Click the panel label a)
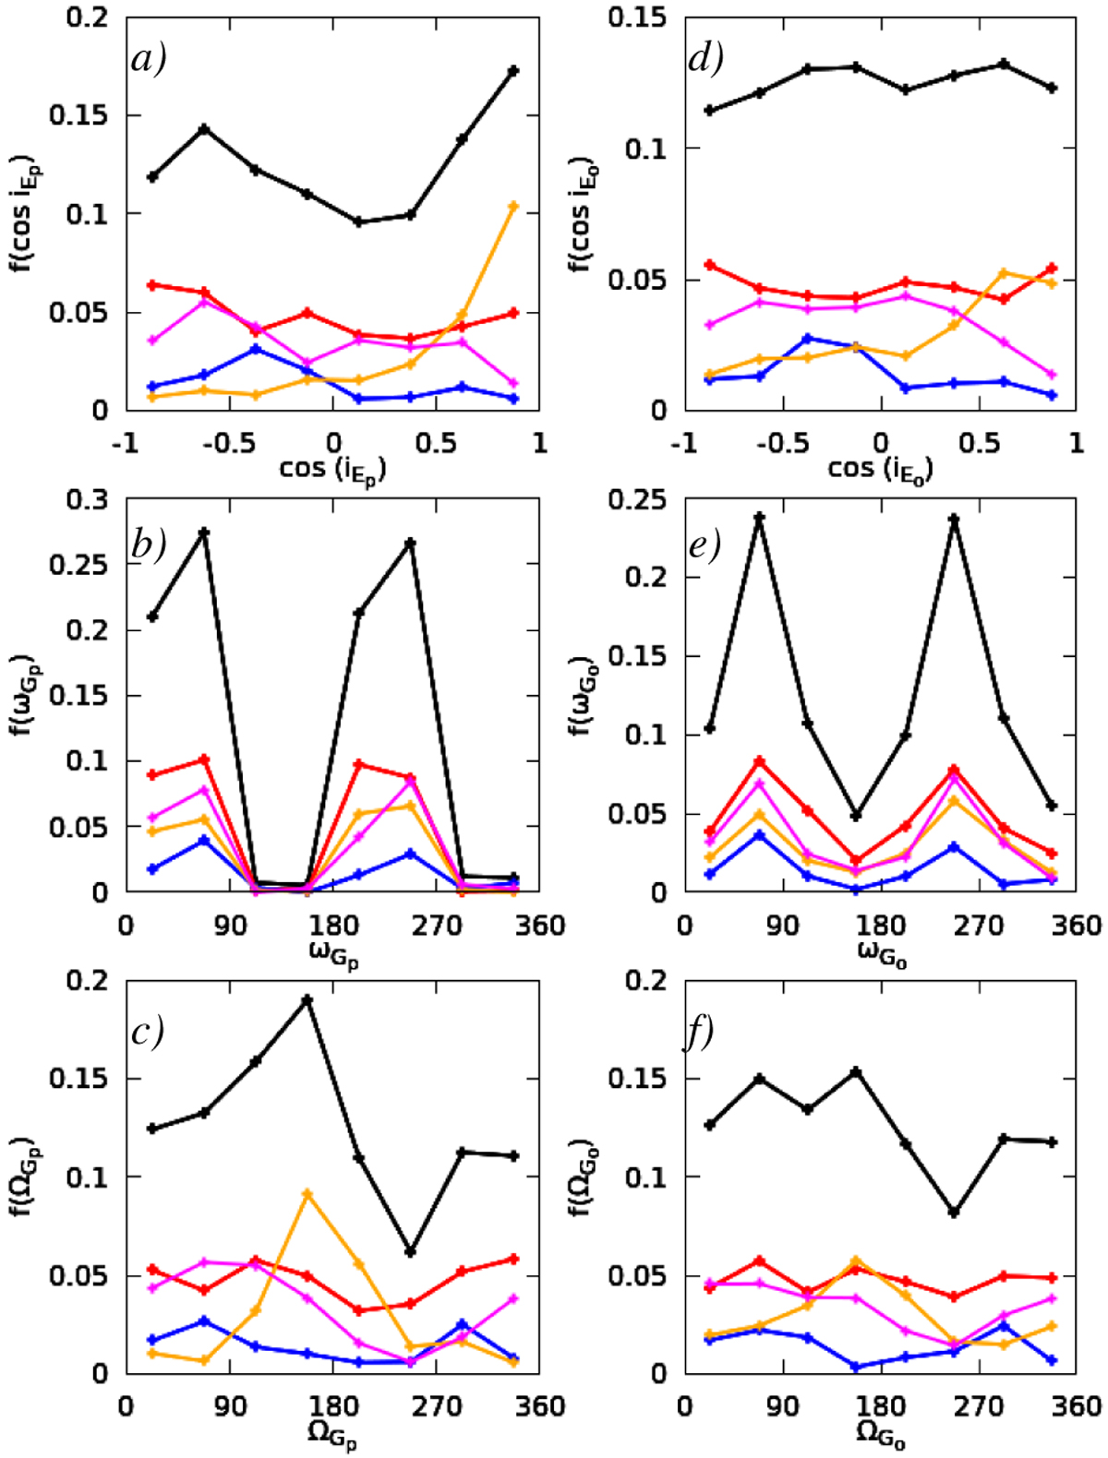pos(149,59)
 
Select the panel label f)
pos(699,1031)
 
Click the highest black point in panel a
pos(514,71)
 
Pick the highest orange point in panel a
pos(514,207)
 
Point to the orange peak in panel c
pos(307,1194)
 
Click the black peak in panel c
pos(307,1000)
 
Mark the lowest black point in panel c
pos(411,1252)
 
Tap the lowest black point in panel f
pos(955,1213)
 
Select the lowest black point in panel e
pos(856,816)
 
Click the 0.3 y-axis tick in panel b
pos(88,499)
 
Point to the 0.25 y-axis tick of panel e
pos(637,499)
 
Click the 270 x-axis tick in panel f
pos(978,1406)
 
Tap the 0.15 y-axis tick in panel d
pos(637,17)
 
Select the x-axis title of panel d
pos(880,470)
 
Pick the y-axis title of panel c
pos(26,1177)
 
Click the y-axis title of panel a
pos(26,212)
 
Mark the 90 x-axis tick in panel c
pos(230,1406)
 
